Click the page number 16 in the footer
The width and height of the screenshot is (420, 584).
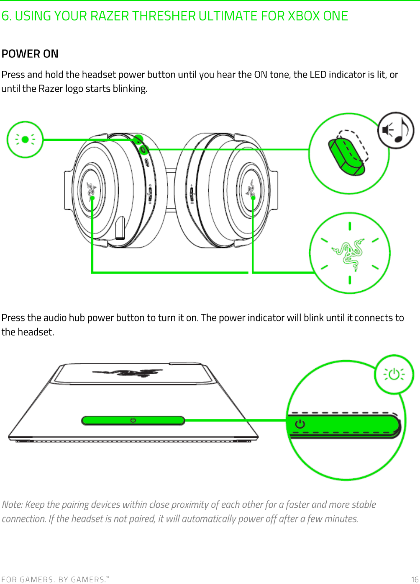pyautogui.click(x=415, y=579)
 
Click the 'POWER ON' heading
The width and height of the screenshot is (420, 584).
pyautogui.click(x=30, y=54)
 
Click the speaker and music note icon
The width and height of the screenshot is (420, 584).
pyautogui.click(x=396, y=130)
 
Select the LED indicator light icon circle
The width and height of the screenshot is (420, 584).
pyautogui.click(x=25, y=140)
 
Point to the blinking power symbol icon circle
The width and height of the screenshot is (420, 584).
pyautogui.click(x=394, y=374)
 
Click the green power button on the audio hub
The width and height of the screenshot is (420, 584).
pyautogui.click(x=133, y=420)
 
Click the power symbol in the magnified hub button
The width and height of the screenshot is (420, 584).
pyautogui.click(x=300, y=424)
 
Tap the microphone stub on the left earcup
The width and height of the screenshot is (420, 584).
pyautogui.click(x=120, y=228)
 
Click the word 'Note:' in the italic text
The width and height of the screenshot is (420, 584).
pyautogui.click(x=13, y=504)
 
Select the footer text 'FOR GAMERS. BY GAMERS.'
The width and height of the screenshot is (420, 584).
pyautogui.click(x=54, y=579)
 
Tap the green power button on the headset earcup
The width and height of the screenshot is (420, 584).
pyautogui.click(x=144, y=149)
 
